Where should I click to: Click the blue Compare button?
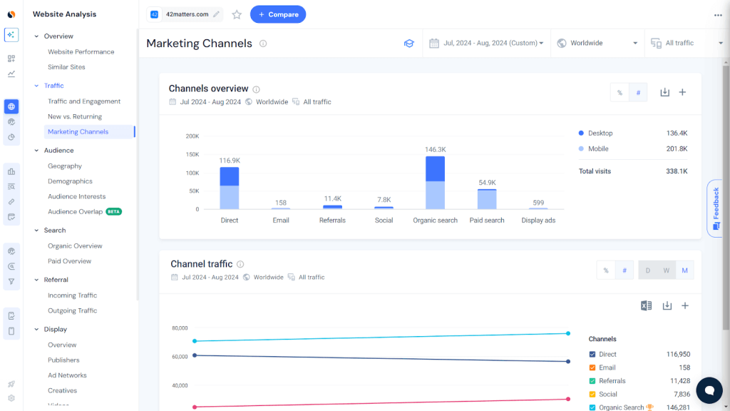click(x=277, y=14)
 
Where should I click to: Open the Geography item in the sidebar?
click(x=65, y=166)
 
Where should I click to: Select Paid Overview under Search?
click(x=69, y=261)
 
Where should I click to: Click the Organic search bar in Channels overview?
click(x=435, y=183)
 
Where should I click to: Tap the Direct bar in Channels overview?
click(x=229, y=188)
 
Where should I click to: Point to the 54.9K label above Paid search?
click(x=487, y=183)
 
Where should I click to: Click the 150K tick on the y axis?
click(x=192, y=155)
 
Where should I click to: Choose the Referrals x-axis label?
click(x=332, y=220)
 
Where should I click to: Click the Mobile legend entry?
click(x=598, y=149)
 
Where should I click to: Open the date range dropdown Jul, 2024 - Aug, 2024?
click(x=486, y=44)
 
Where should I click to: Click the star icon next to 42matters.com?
click(x=237, y=14)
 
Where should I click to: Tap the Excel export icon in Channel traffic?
click(x=646, y=305)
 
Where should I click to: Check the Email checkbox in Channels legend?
click(x=592, y=367)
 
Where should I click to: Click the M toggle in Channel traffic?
click(x=684, y=270)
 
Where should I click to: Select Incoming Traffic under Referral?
click(x=72, y=295)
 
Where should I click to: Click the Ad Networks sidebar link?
click(x=67, y=375)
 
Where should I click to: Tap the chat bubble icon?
click(x=709, y=390)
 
